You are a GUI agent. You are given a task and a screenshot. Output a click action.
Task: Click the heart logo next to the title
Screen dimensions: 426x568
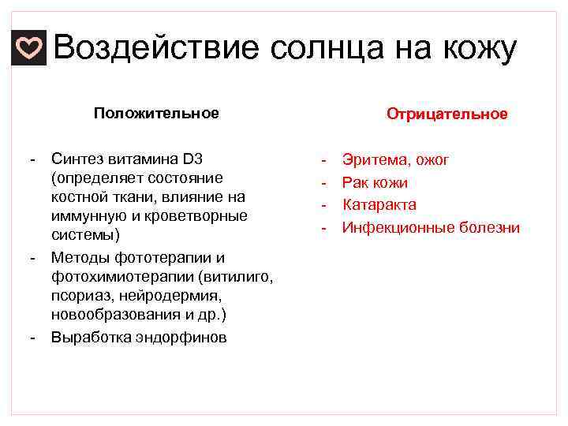tap(29, 50)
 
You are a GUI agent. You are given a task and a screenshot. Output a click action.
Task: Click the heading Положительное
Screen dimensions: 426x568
tap(156, 113)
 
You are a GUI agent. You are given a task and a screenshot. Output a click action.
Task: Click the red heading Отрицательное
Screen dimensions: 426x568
tap(447, 114)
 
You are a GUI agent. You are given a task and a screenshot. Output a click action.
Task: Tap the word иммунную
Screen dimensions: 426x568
tap(84, 215)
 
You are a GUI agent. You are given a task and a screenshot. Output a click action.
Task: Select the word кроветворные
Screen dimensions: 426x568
tap(196, 215)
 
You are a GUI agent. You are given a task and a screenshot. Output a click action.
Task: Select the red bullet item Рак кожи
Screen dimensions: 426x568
tap(375, 183)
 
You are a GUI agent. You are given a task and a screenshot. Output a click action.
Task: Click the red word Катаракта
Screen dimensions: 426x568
tap(379, 205)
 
